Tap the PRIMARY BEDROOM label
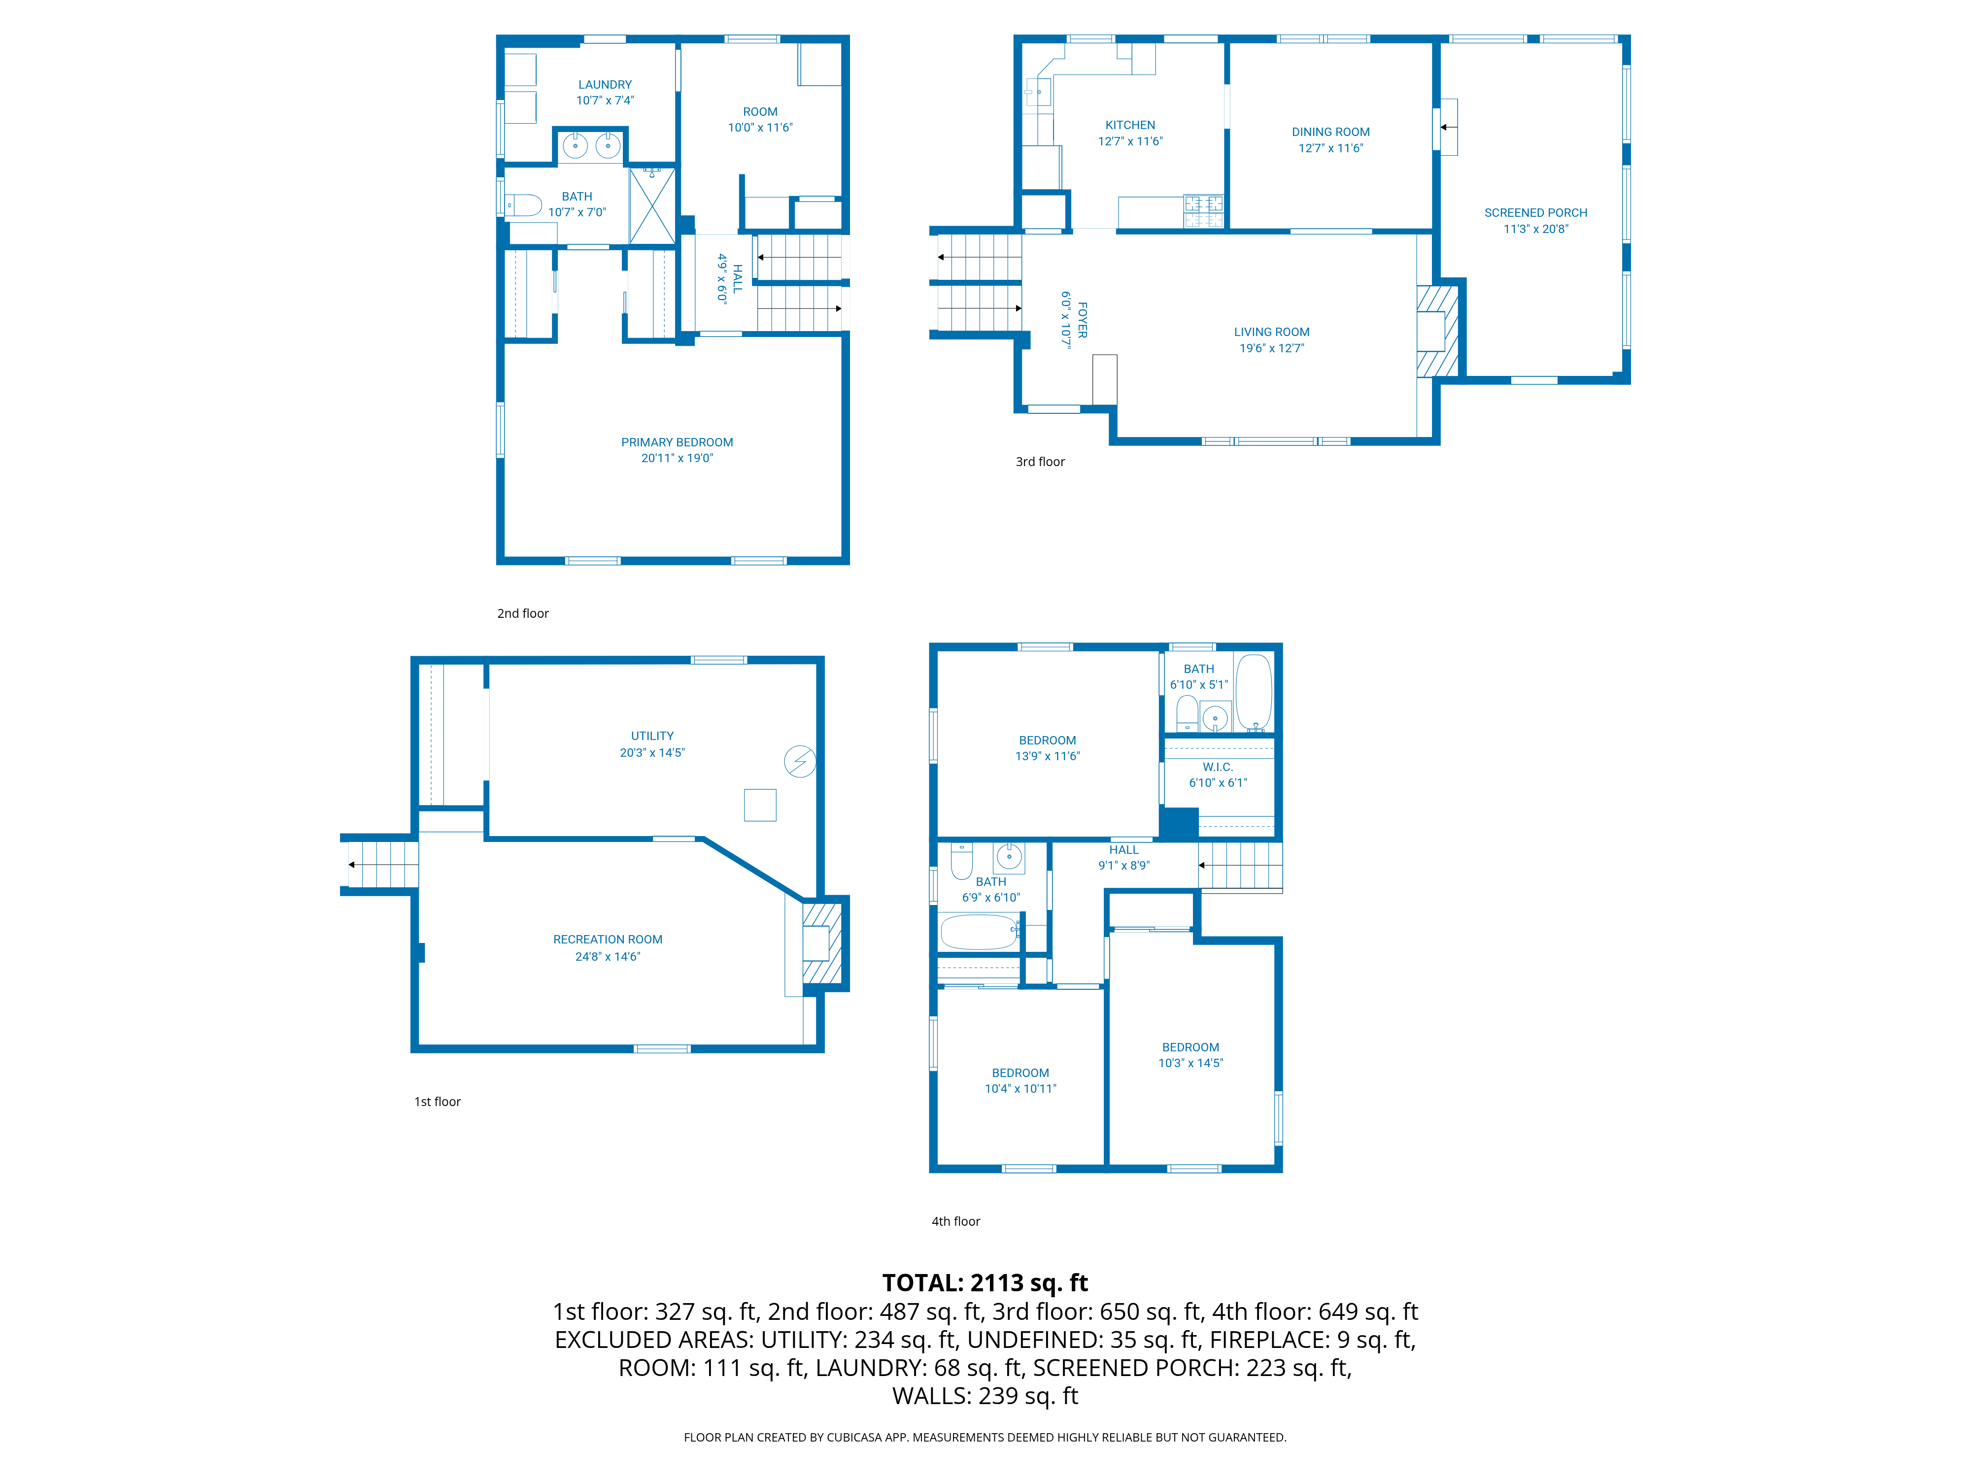coord(677,442)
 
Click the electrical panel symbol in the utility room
coord(799,762)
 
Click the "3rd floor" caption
coord(1040,462)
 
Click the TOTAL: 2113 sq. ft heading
coord(985,1283)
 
